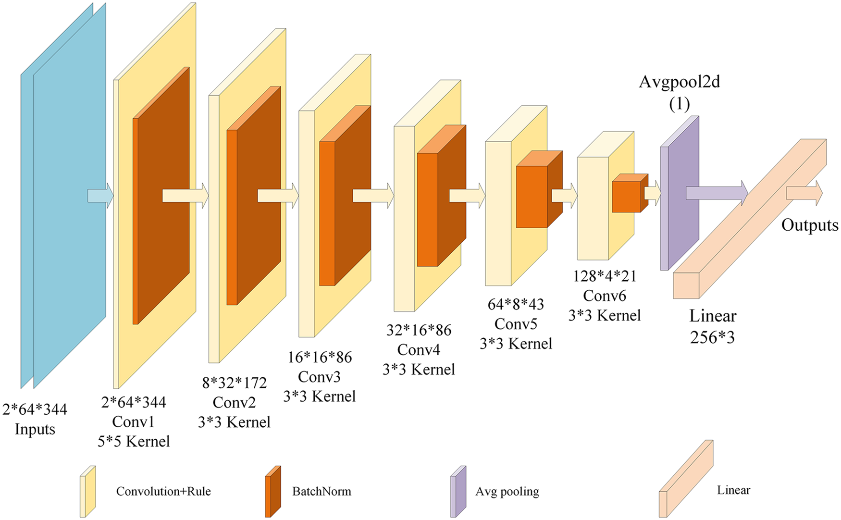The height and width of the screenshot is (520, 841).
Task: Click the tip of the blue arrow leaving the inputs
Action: coord(113,196)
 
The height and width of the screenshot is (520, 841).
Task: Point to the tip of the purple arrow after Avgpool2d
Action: coord(748,193)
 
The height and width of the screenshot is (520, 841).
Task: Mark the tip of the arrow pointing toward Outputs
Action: coord(823,193)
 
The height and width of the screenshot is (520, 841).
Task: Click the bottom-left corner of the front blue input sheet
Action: coord(34,388)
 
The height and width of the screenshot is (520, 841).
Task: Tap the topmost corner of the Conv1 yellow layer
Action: coord(196,2)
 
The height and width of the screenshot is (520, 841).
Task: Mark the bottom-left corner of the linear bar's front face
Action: coord(673,298)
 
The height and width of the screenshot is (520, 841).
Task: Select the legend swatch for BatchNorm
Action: coord(273,491)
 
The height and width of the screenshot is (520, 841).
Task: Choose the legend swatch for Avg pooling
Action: coord(458,491)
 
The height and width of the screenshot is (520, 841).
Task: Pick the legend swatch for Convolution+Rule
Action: coord(87,491)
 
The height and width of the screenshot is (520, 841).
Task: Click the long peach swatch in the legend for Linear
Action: coord(686,479)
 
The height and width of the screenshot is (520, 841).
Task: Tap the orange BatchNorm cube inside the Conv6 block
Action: coord(630,193)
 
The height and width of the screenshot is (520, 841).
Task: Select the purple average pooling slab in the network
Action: coord(680,193)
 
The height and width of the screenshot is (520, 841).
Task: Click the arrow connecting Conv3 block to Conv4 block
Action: coord(373,196)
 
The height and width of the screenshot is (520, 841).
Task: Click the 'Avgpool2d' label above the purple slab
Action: coord(679,82)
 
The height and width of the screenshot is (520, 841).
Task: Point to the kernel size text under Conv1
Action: coord(134,441)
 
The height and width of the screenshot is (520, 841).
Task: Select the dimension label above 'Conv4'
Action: coord(419,330)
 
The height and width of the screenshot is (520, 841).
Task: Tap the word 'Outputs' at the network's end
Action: coord(810,225)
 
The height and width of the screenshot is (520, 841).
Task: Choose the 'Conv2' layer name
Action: coord(234,402)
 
